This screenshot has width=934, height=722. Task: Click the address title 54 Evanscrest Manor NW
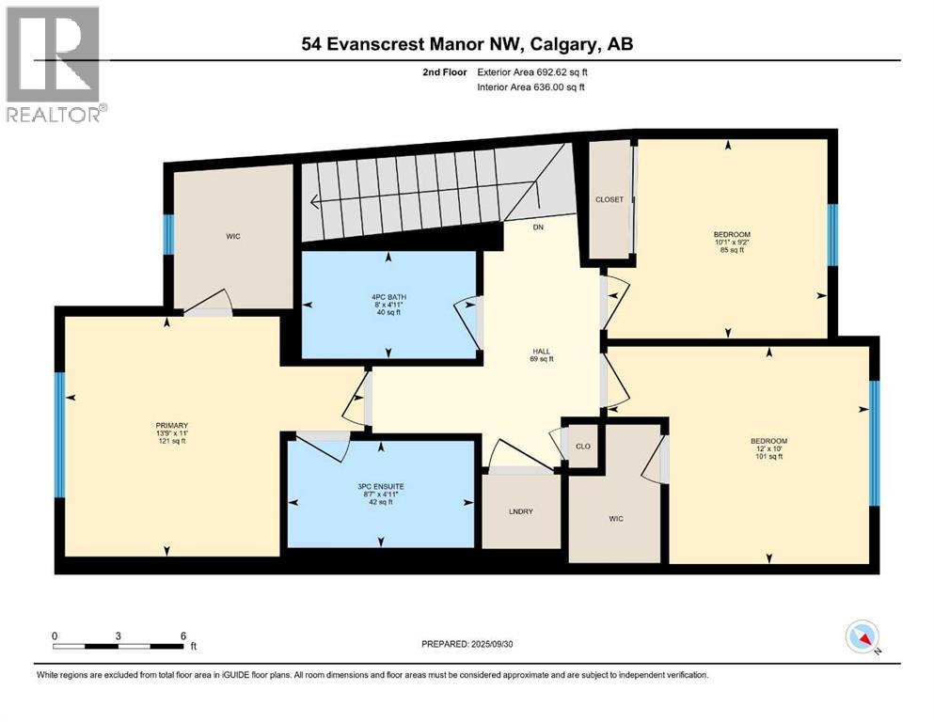pos(473,43)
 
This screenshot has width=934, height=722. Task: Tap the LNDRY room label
pos(520,511)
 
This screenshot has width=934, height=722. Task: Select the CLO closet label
pos(582,446)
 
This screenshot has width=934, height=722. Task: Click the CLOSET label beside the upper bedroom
pos(609,199)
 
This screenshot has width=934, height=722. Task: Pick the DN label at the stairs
pos(538,227)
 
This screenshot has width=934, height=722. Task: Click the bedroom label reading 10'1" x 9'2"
pos(731,242)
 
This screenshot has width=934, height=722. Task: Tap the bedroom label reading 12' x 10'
pos(768,449)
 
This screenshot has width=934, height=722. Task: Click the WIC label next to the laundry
pos(616,518)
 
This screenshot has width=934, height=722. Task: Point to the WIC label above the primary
pos(233,236)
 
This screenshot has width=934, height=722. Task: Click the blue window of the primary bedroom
pos(59,434)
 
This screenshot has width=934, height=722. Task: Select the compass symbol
pos(862,637)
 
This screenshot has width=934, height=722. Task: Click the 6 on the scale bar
pos(182,636)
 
